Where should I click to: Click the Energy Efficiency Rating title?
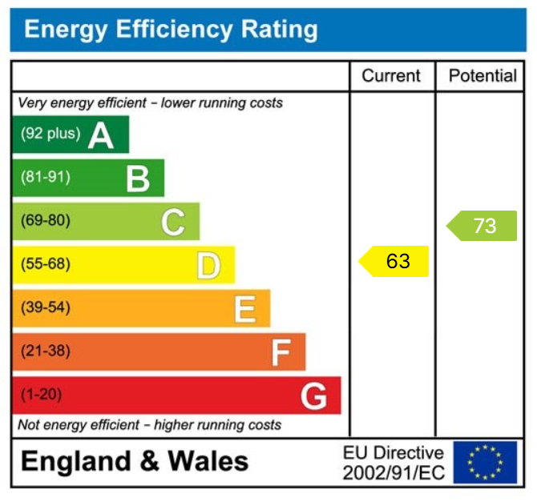click(171, 30)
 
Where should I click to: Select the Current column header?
click(391, 76)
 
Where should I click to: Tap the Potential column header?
click(482, 76)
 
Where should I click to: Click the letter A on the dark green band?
click(101, 135)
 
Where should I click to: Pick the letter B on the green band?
click(138, 179)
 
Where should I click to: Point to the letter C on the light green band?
click(173, 222)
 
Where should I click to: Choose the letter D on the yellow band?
click(208, 266)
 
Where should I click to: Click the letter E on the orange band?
click(244, 309)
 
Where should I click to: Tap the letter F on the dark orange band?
click(281, 352)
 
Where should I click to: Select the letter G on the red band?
click(314, 396)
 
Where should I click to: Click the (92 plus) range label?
click(50, 135)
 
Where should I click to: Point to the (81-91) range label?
click(45, 178)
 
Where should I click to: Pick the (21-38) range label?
click(45, 351)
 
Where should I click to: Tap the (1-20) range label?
click(42, 395)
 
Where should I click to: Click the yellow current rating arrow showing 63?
click(394, 262)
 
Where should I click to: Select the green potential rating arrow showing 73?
click(482, 226)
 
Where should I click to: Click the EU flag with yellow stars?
click(484, 463)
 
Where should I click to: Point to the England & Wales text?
click(135, 462)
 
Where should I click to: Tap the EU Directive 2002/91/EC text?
click(393, 463)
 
